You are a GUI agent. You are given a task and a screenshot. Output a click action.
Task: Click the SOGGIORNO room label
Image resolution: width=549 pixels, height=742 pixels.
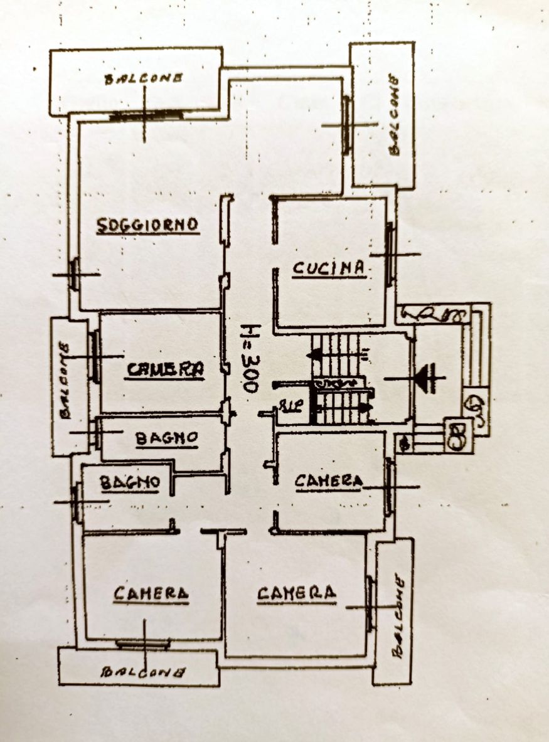(x=148, y=225)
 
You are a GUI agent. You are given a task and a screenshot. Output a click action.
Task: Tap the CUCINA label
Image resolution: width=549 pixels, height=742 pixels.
(x=329, y=268)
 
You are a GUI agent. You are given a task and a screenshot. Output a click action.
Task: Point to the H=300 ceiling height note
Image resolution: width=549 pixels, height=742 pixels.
(x=250, y=358)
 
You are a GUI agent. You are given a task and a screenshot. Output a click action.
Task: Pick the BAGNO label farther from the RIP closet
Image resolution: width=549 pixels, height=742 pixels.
(x=129, y=482)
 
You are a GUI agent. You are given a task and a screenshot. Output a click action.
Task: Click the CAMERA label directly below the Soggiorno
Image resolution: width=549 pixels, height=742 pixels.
(x=166, y=369)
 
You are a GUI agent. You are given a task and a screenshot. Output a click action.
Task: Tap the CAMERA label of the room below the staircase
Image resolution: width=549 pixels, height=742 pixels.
(x=329, y=481)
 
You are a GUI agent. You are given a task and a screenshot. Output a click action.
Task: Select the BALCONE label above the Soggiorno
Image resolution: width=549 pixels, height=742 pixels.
(x=144, y=78)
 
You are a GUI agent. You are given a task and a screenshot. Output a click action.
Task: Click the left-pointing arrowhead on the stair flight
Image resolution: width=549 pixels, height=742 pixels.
(x=316, y=355)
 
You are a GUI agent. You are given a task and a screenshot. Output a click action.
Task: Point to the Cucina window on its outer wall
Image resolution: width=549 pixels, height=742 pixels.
(x=390, y=254)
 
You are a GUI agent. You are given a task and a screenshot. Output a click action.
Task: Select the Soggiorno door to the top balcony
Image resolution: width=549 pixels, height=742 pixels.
(x=146, y=115)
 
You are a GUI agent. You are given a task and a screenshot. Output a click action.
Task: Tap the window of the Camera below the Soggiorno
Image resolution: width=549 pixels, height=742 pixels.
(x=95, y=356)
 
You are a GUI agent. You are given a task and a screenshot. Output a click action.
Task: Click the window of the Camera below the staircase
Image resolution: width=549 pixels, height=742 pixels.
(x=390, y=486)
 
